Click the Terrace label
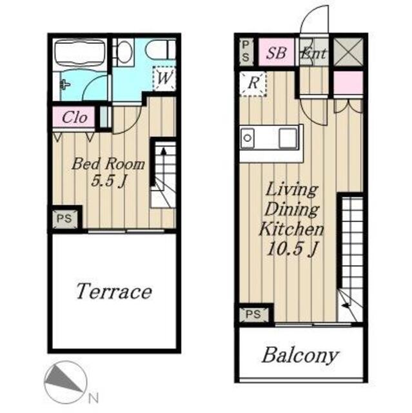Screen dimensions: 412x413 [114, 291]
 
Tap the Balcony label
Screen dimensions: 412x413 [300, 356]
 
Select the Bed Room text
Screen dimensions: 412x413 [108, 164]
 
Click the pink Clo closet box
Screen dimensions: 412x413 [74, 117]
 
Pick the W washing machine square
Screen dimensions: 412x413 [164, 78]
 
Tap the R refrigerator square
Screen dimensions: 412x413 [253, 83]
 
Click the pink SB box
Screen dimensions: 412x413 [276, 52]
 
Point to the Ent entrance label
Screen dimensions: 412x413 [313, 53]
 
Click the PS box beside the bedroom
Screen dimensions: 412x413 [64, 218]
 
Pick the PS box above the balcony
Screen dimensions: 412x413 [254, 314]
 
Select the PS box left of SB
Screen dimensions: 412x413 [246, 52]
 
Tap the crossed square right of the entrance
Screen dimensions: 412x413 [349, 52]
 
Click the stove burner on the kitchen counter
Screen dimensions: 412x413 [248, 137]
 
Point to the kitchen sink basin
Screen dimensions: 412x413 [288, 138]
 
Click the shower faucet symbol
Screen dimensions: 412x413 [64, 85]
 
